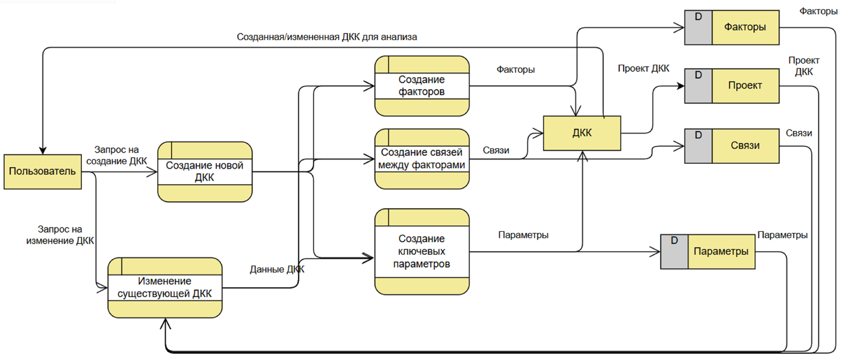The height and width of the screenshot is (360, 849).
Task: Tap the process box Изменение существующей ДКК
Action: point(165,287)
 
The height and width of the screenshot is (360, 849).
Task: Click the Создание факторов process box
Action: point(422,86)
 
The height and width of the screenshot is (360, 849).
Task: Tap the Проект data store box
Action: point(745,86)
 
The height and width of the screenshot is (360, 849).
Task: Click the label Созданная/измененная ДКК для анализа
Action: point(327,37)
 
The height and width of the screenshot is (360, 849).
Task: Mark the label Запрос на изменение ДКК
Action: point(60,235)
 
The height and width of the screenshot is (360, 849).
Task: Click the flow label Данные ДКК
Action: point(277,269)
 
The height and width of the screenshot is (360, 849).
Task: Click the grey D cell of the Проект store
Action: point(698,86)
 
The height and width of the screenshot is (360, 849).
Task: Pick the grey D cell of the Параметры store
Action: point(674,251)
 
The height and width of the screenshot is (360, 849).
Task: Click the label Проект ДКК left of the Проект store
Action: point(643,69)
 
